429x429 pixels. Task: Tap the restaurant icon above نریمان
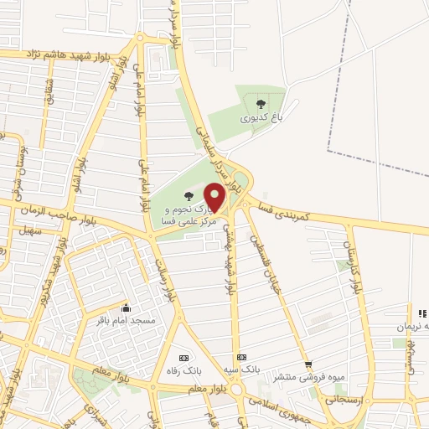click(411, 313)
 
